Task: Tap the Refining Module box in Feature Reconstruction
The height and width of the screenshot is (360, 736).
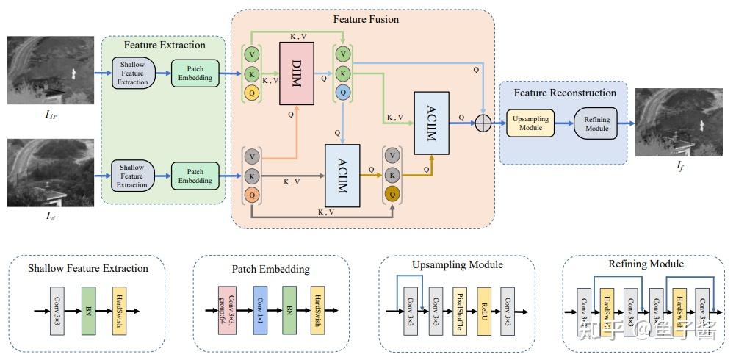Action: click(x=596, y=123)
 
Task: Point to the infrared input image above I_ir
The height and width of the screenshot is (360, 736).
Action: click(x=51, y=71)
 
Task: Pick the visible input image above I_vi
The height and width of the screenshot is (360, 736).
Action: click(x=51, y=173)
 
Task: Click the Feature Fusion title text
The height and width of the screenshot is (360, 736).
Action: click(x=366, y=19)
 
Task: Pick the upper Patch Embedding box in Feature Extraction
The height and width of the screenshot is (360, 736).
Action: click(x=195, y=73)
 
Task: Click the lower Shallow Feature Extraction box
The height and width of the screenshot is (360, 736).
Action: click(x=132, y=176)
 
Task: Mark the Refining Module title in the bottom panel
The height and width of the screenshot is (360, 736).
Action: click(x=646, y=263)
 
